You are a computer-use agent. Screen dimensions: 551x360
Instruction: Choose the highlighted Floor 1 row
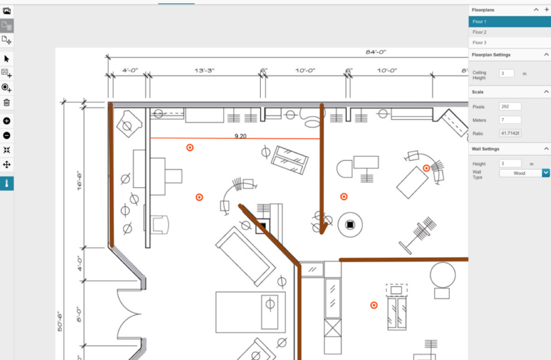pos(510,22)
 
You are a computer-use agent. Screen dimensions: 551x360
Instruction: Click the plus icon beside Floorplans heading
pos(547,10)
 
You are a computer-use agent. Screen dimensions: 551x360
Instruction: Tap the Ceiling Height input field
pos(506,73)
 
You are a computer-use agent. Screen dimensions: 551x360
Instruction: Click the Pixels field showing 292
pos(510,107)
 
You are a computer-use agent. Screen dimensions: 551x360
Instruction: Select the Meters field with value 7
pos(510,120)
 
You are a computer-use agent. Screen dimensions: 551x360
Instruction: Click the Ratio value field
pos(510,133)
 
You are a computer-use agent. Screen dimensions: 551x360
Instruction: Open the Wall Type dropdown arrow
pos(546,173)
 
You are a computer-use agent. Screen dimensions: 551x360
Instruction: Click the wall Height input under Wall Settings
pos(510,163)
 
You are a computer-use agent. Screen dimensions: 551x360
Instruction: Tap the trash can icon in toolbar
pos(6,103)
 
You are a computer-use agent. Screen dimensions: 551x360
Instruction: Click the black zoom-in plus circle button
pos(6,121)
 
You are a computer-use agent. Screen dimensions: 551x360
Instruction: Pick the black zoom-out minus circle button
pos(6,135)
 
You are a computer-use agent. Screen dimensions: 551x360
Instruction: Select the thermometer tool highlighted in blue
pos(6,184)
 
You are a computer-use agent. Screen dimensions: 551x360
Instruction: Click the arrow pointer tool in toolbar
pos(6,59)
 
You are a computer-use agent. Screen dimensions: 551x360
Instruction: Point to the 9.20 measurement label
pos(240,136)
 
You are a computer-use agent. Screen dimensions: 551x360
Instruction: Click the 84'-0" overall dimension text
pos(376,52)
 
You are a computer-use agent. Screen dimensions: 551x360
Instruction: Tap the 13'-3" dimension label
pos(205,70)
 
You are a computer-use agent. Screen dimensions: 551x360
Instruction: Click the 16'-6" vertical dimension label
pos(80,181)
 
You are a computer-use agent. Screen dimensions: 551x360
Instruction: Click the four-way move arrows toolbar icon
pos(6,165)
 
